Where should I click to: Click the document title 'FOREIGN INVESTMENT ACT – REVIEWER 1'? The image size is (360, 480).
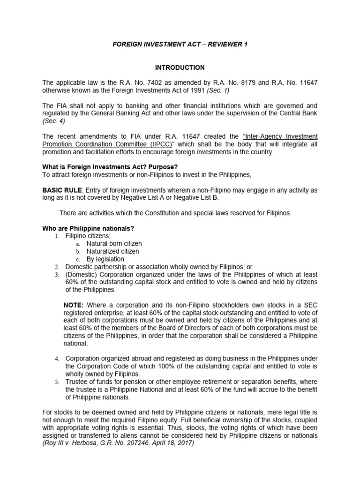point(180,44)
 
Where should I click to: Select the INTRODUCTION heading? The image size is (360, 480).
point(180,67)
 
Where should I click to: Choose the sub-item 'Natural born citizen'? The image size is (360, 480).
point(114,244)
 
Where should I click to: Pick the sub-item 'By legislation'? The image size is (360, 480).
point(105,259)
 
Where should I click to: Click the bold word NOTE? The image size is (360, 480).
point(74,305)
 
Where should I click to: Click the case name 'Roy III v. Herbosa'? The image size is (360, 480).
point(73,443)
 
